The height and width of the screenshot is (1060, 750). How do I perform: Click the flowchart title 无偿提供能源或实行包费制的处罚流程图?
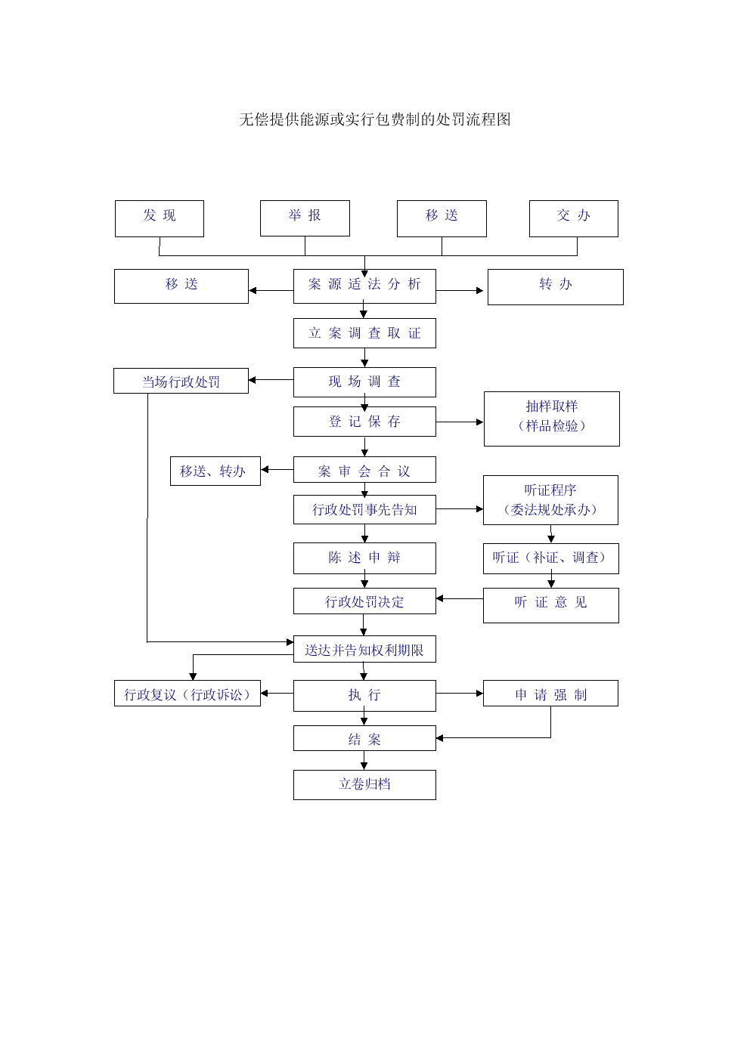[x=374, y=119]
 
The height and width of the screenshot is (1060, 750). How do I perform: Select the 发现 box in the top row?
[x=160, y=218]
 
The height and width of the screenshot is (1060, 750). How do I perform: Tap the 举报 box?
[x=305, y=218]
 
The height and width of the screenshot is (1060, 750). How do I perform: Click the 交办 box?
[x=573, y=218]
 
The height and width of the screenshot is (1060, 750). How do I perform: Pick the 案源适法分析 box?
[x=364, y=286]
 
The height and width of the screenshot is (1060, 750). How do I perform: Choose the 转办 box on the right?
[x=556, y=287]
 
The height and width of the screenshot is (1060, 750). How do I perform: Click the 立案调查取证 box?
[x=364, y=333]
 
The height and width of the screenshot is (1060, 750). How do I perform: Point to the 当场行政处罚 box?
[x=181, y=381]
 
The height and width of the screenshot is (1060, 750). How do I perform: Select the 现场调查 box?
[x=364, y=382]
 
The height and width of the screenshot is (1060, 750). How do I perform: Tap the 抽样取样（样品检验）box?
[x=552, y=419]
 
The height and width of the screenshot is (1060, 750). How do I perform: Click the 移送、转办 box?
[x=215, y=471]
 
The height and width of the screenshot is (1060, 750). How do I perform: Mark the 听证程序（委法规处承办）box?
[x=550, y=500]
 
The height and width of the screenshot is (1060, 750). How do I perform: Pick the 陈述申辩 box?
[x=364, y=558]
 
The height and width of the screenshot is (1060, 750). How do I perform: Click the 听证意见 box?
[x=551, y=606]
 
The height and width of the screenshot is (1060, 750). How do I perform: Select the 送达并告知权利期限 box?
[x=364, y=649]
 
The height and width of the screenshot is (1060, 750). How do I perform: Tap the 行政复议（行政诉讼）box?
[x=187, y=694]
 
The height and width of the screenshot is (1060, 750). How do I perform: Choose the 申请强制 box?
[x=550, y=694]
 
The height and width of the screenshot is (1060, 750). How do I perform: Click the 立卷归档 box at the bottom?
[x=364, y=785]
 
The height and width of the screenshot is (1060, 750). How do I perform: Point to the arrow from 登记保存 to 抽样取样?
[x=460, y=422]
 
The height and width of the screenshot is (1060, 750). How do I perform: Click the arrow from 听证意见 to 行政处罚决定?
[x=460, y=598]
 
